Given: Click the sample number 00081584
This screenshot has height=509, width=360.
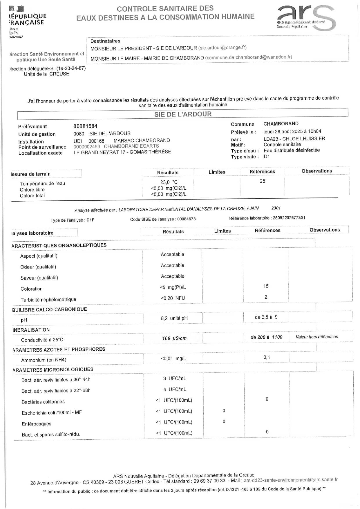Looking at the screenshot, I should coord(85,126).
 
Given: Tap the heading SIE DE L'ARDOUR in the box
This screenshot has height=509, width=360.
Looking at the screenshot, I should coord(183,114).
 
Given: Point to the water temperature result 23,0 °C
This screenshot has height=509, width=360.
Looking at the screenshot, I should coord(169,182).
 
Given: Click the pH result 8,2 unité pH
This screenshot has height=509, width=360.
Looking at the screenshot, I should coord(174,318).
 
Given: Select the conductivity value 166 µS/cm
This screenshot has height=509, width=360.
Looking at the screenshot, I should coord(174,338).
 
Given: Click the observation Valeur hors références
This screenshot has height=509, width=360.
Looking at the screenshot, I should coord(317,337).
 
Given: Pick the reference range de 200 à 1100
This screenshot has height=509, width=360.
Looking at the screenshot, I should coord(266,337).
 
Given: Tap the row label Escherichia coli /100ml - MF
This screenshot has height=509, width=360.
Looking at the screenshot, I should coord(52,412).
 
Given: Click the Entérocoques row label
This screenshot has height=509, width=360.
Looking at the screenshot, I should coord(36,424).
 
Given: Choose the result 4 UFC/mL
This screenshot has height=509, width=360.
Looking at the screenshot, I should coord(174,389).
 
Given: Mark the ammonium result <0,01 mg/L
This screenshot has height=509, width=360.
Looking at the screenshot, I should coord(173,358).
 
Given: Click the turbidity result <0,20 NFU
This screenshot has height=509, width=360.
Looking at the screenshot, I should coord(173,298).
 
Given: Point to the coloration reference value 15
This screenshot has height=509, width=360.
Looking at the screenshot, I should coord(266,286).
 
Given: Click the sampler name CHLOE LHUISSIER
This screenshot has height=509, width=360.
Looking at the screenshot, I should coord(308,139).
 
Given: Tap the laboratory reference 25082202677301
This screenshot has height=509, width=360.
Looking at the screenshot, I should coord(289,218).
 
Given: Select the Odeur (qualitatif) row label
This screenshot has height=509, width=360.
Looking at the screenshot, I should coord(38,267).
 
